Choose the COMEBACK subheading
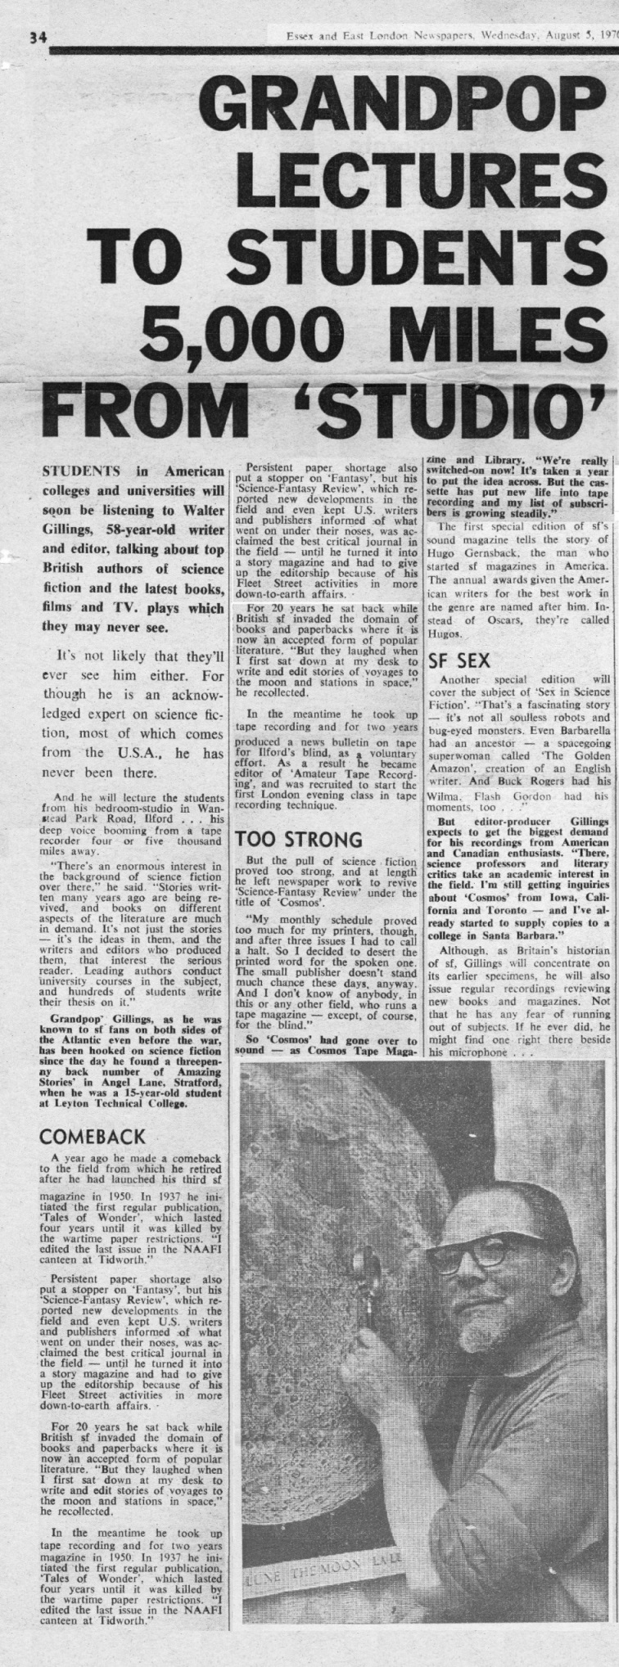tap(92, 1137)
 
